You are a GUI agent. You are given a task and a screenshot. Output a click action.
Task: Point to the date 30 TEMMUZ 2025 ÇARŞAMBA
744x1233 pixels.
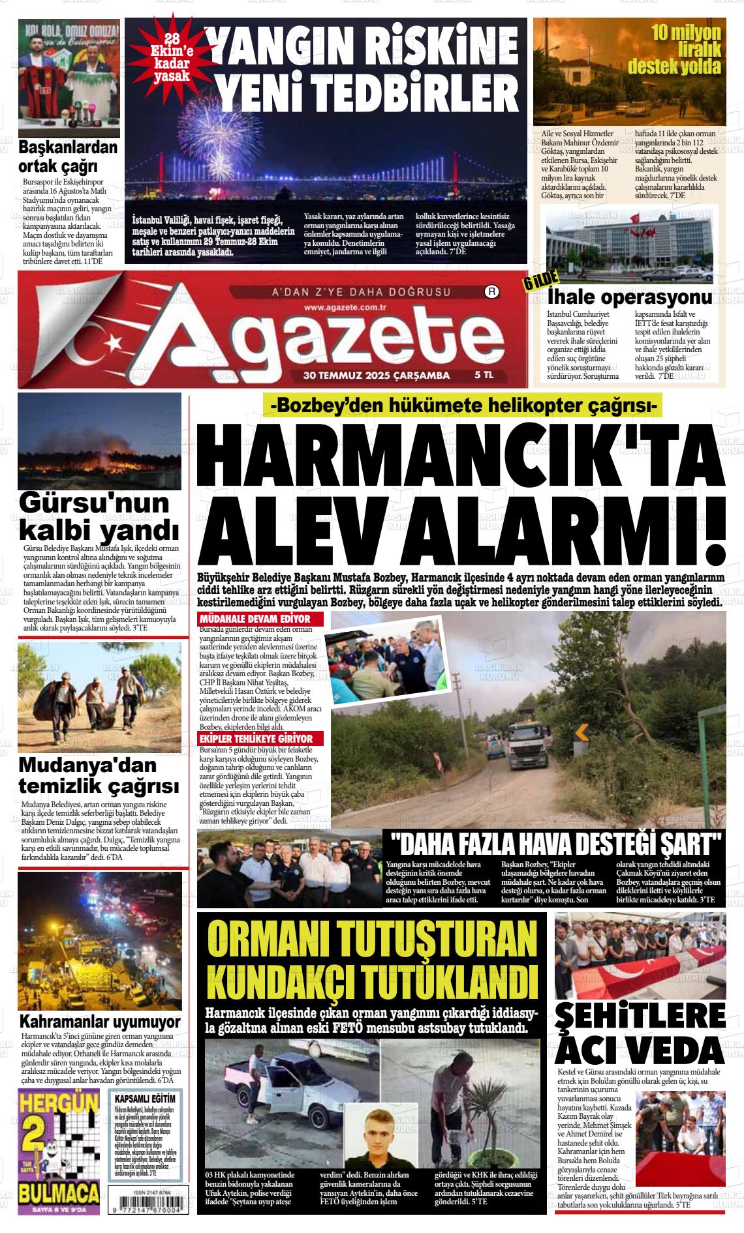point(377,375)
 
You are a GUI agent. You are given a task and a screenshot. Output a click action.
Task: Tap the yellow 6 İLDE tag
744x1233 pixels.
point(540,282)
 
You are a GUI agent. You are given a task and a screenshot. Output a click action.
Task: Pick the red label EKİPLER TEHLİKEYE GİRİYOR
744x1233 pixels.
point(265,739)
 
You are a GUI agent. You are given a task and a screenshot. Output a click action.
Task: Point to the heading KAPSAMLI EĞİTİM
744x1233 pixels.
point(144,1099)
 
